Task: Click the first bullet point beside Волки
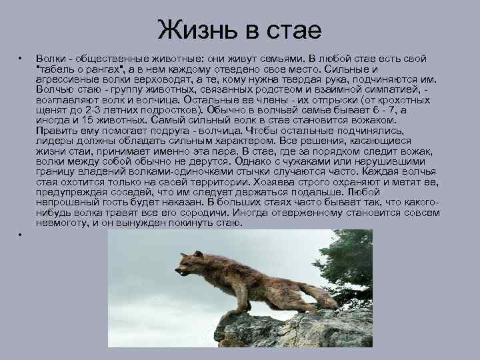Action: click(x=21, y=59)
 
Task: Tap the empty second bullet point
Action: click(x=21, y=235)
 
